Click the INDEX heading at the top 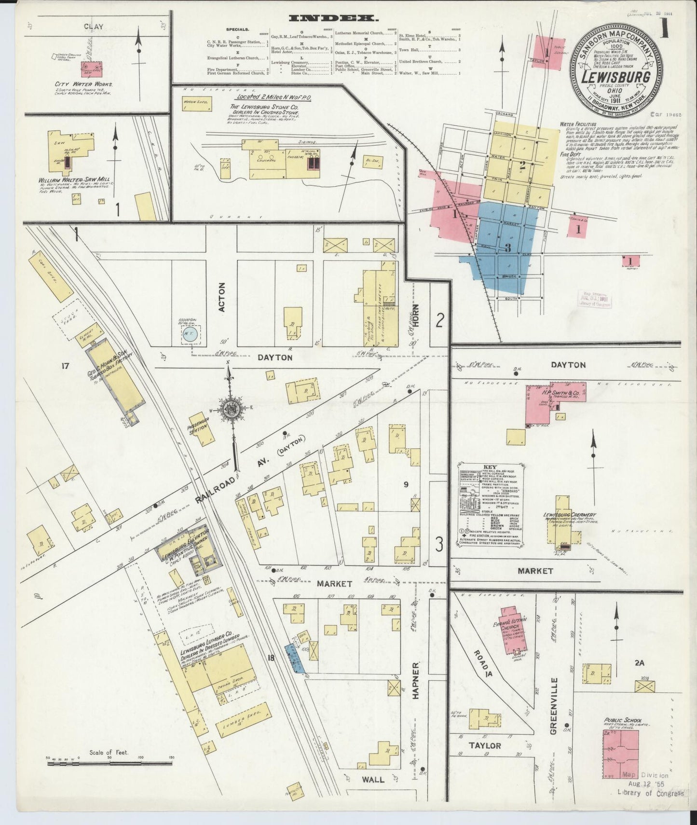tap(333, 18)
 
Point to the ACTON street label tap(222, 303)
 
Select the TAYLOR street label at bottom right tap(485, 745)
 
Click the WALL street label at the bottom tap(373, 793)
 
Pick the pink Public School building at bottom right tap(620, 760)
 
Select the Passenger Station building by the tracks tap(203, 428)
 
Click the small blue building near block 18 tap(295, 659)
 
